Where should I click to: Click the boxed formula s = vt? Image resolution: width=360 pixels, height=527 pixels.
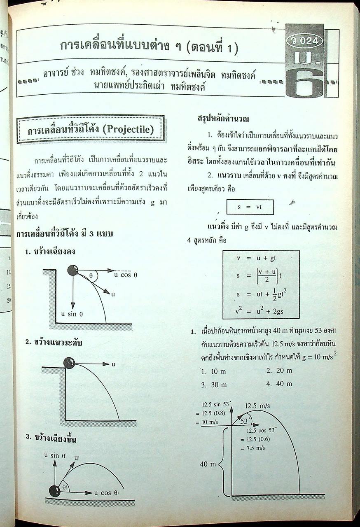[250, 207]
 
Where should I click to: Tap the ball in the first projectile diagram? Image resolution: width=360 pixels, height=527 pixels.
[73, 270]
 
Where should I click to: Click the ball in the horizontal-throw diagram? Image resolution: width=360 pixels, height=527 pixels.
[69, 363]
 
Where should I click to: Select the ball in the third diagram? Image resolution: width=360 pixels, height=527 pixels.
[55, 491]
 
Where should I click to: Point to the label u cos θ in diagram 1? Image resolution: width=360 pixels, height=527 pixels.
[126, 275]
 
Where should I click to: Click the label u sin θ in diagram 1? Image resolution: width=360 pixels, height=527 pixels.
[72, 314]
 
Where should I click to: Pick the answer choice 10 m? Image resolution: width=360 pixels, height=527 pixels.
[214, 371]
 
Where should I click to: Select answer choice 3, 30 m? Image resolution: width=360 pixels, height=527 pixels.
[214, 385]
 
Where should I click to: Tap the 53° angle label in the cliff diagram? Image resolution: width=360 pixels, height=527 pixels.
[244, 421]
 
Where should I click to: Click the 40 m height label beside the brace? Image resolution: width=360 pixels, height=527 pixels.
[208, 464]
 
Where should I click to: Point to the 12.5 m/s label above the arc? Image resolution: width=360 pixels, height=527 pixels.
[257, 406]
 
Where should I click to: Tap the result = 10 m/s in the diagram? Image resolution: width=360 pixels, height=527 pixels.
[213, 422]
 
